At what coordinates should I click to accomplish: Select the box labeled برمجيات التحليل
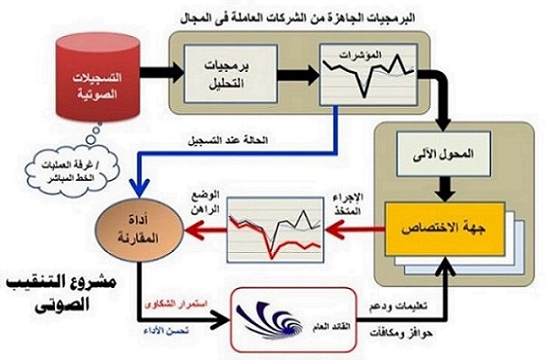(x=216, y=73)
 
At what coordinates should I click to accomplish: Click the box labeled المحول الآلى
(x=442, y=155)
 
